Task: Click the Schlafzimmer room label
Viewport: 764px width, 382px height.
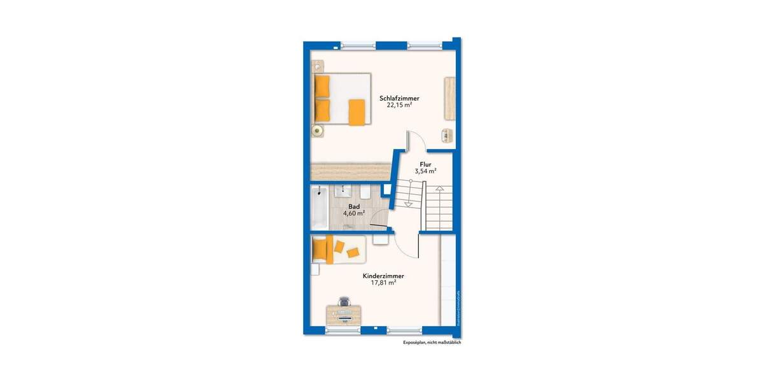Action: click(x=399, y=98)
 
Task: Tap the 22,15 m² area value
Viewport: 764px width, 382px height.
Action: click(x=399, y=106)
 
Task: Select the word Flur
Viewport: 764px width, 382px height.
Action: click(x=425, y=164)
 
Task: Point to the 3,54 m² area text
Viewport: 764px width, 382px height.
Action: click(x=425, y=171)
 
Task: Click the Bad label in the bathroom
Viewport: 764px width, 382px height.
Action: click(x=355, y=207)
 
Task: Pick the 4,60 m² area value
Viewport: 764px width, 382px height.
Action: click(x=355, y=214)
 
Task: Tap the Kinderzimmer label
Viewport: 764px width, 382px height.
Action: click(x=383, y=276)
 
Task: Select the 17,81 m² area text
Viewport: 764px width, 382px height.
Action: click(x=383, y=283)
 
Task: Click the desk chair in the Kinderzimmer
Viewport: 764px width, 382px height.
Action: click(x=344, y=301)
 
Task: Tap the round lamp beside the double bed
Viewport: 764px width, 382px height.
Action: click(x=317, y=131)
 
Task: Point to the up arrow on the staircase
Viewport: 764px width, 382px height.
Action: click(x=439, y=189)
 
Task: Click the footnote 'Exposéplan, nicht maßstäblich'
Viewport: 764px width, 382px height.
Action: click(x=432, y=343)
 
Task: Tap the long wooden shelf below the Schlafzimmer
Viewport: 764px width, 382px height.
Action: click(x=350, y=171)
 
